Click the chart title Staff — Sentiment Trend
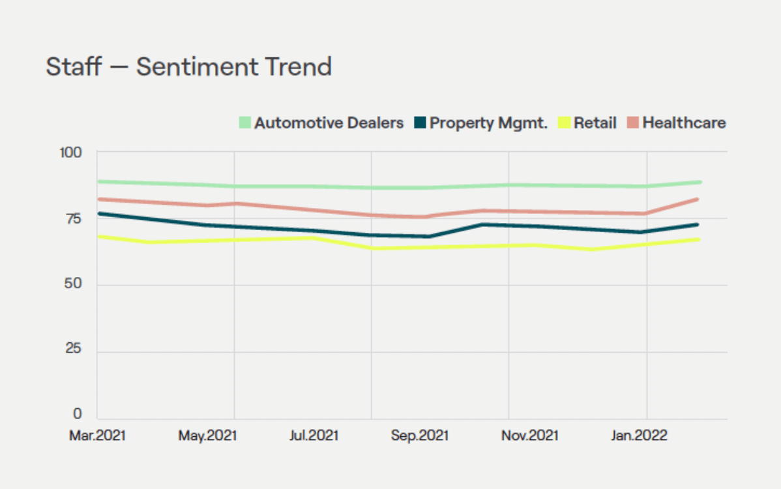click(188, 67)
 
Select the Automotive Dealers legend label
click(329, 123)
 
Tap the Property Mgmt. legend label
click(488, 123)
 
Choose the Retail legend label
click(595, 123)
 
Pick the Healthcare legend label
click(684, 123)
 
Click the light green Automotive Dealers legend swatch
click(244, 123)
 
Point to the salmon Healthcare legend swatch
click(633, 123)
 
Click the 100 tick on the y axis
click(72, 153)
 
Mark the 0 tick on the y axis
click(78, 415)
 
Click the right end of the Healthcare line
click(698, 200)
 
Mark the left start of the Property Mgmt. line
click(98, 213)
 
